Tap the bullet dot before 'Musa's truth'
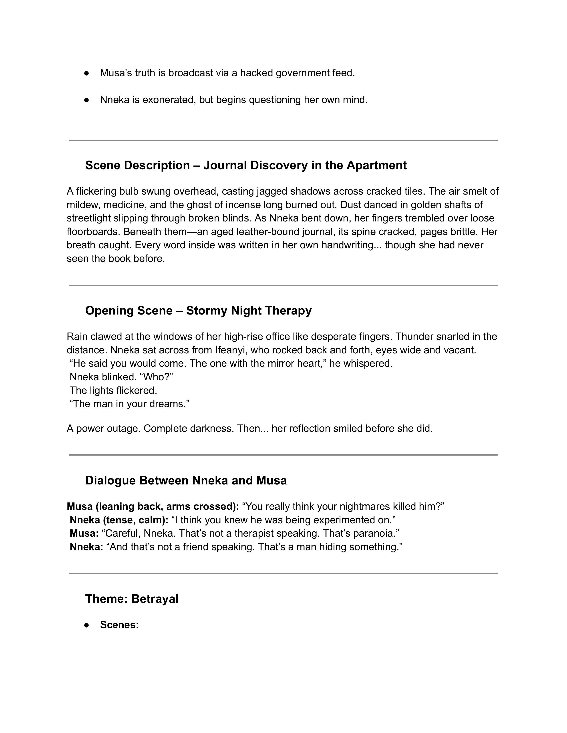pos(87,73)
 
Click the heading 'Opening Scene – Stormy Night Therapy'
pos(198,311)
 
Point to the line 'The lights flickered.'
pos(113,390)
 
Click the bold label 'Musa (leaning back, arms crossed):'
pos(153,506)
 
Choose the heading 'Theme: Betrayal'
pos(132,599)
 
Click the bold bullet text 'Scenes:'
pos(119,625)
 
